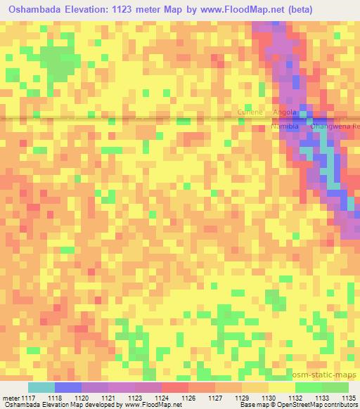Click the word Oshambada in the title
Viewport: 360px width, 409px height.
coord(32,9)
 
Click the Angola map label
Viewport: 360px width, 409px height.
coord(285,112)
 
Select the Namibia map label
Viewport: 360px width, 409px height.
coord(285,126)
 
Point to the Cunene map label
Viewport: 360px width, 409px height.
coord(250,112)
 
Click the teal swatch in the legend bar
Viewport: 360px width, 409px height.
coord(41,387)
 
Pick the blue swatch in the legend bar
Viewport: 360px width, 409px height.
coord(67,387)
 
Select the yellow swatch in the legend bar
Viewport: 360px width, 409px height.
coord(281,387)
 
